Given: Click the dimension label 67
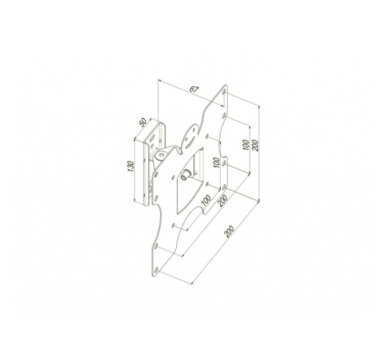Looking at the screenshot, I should tap(194, 89).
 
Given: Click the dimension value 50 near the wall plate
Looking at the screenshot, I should tap(144, 124).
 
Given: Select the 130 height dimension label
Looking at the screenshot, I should tap(131, 167).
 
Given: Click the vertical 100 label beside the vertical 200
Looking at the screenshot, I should tap(247, 146).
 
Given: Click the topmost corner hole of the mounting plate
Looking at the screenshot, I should tap(225, 92).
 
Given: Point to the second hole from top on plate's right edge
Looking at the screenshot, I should tap(209, 137).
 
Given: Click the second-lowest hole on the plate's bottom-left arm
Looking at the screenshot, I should tap(156, 246).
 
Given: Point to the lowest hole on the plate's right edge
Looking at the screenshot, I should tap(225, 186).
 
